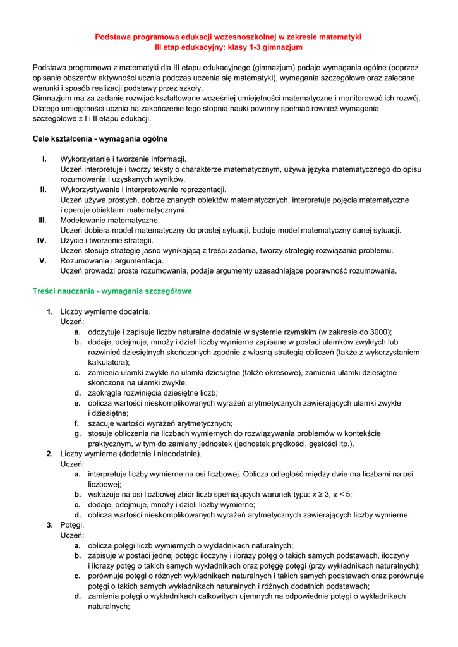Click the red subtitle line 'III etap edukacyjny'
pos(228,47)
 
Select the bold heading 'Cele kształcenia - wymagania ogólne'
pos(100,138)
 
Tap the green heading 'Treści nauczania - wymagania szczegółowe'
pos(112,291)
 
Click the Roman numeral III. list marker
pos(42,220)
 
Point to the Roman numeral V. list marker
pos(44,260)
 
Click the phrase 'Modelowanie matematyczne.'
pos(110,220)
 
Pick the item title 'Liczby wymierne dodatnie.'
pos(105,311)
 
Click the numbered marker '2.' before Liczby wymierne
pos(50,453)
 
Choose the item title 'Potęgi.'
pos(72,524)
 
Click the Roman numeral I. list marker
pos(44,159)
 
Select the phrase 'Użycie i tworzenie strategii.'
pos(107,240)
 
